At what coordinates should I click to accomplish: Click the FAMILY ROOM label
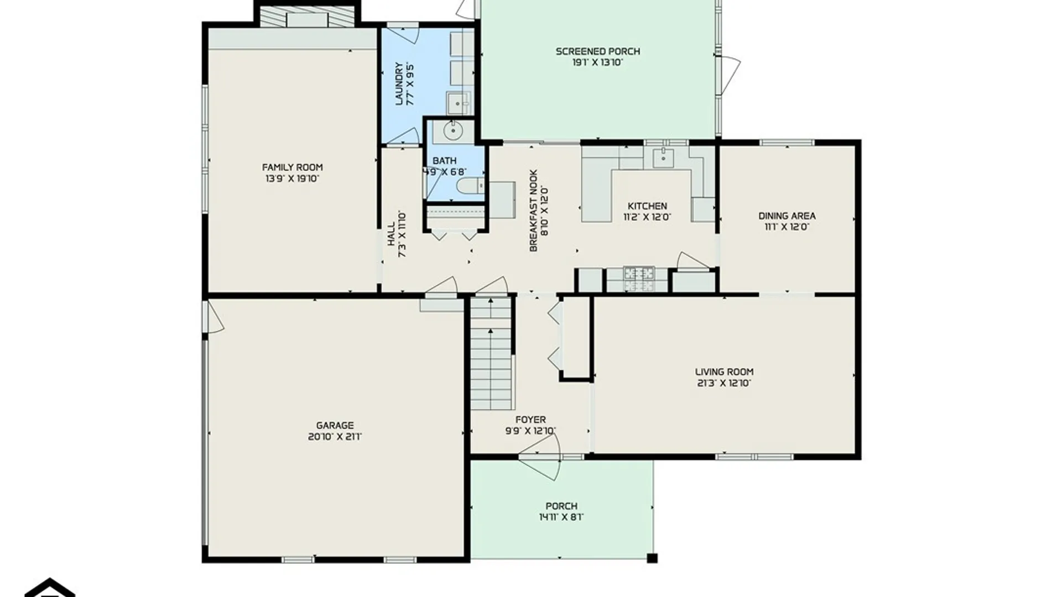coord(292,167)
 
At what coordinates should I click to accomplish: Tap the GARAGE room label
coord(335,425)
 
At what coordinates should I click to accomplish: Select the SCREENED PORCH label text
coord(598,51)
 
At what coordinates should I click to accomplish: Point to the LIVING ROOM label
coord(724,372)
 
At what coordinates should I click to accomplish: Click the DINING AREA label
coord(787,216)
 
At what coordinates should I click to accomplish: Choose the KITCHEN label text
coord(647,206)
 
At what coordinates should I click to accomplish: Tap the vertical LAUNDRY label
coord(399,83)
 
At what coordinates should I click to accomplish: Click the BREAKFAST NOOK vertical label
coord(533,211)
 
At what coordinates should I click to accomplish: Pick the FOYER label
coord(530,420)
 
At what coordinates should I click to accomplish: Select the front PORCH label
coord(561,506)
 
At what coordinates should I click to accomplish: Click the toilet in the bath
coord(470,186)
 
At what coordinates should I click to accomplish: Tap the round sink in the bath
coord(453,131)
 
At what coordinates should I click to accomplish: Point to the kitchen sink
coord(663,158)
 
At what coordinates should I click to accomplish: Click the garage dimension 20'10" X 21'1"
coord(335,437)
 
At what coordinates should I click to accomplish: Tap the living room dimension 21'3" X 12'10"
coord(724,383)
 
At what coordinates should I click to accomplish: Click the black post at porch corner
coord(652,558)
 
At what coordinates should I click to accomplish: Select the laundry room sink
coord(458,103)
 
